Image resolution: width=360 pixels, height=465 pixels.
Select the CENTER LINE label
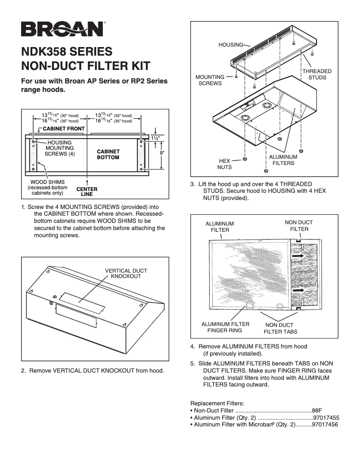pos(87,192)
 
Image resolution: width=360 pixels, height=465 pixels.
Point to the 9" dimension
pos(162,153)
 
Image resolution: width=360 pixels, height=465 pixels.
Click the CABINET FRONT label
pos(64,129)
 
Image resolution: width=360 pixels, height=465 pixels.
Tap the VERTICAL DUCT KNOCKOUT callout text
pos(126,274)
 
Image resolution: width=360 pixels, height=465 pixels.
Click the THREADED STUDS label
pos(317,74)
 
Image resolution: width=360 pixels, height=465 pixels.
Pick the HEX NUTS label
pos(224,164)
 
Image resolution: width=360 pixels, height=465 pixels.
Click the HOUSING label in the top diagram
pos(230,45)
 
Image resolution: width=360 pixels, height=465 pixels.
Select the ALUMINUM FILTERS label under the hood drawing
pos(283,160)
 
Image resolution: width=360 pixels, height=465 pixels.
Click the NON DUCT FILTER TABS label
pos(280,328)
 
